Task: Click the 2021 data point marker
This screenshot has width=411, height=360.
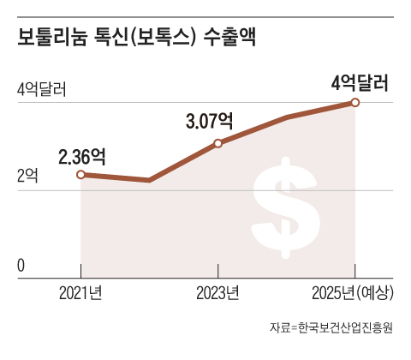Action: click(x=81, y=174)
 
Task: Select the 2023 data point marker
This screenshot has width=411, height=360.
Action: click(x=217, y=143)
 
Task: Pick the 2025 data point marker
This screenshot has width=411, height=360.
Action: click(x=355, y=103)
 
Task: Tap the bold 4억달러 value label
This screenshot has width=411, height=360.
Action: click(x=360, y=83)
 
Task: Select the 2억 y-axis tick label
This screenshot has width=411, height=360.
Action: click(x=27, y=177)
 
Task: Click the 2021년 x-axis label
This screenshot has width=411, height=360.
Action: click(x=81, y=293)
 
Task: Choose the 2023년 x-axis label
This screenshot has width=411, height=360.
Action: click(x=217, y=293)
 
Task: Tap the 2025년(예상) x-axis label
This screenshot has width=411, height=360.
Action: click(x=354, y=293)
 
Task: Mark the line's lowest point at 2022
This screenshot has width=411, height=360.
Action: click(x=150, y=180)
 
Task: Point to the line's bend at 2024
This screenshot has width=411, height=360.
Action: click(x=287, y=116)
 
